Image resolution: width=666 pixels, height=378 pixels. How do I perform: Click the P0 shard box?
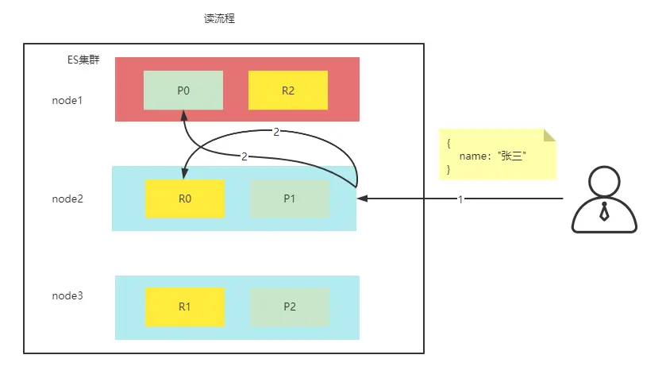click(183, 91)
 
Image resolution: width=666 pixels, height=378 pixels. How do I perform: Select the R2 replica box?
click(288, 91)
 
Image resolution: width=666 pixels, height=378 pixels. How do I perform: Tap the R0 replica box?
click(185, 199)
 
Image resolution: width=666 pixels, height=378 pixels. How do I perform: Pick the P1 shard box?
click(290, 199)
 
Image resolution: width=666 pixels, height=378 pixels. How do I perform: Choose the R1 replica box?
click(185, 307)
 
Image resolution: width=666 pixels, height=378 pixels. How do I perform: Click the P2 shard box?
click(290, 307)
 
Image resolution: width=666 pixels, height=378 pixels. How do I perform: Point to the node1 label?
click(67, 101)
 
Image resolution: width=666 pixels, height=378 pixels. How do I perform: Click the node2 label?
click(67, 199)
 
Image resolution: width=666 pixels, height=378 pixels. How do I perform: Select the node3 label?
click(67, 295)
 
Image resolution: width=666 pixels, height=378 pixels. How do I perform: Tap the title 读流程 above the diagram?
click(219, 19)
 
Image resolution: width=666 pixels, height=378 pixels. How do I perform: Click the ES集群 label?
click(83, 60)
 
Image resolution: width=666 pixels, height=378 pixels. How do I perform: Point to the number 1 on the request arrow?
click(460, 199)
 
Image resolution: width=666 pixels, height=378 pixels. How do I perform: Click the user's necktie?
click(604, 212)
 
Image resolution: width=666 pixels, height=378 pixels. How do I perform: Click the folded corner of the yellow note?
click(549, 136)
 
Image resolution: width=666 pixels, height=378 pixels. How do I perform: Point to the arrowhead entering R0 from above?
click(185, 174)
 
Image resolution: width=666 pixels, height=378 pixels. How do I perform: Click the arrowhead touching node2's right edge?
click(363, 199)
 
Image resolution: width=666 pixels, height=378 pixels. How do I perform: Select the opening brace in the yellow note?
click(448, 143)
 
